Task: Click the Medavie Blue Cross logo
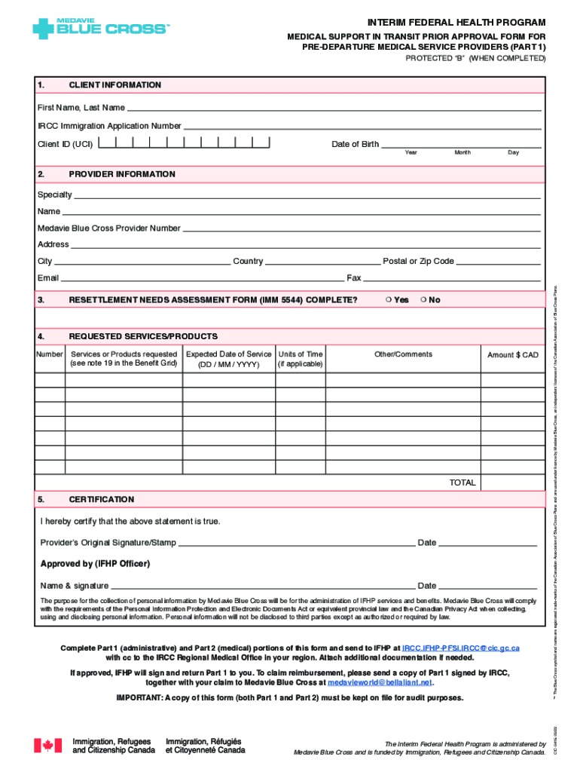(101, 29)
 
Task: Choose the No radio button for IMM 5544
(423, 300)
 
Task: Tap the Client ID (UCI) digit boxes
(184, 143)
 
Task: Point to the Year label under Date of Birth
(411, 153)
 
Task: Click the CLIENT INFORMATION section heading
(114, 85)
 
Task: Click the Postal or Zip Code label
(418, 262)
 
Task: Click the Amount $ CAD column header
(512, 355)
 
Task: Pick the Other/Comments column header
(403, 354)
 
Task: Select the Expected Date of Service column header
(228, 359)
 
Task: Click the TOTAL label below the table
(462, 482)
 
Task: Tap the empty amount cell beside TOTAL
(512, 482)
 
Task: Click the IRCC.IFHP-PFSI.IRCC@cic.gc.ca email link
(460, 648)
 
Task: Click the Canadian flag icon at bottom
(47, 746)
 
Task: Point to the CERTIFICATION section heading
(101, 500)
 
